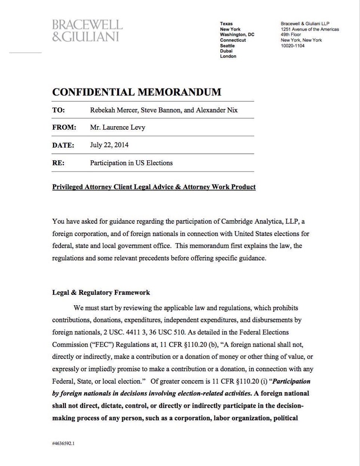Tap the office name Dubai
pyautogui.click(x=227, y=51)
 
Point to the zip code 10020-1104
pyautogui.click(x=292, y=45)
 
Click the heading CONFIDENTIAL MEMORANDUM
pyautogui.click(x=137, y=92)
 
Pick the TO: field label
pyautogui.click(x=59, y=110)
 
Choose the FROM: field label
pyautogui.click(x=63, y=127)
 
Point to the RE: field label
pyautogui.click(x=58, y=163)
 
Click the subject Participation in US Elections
pyautogui.click(x=131, y=163)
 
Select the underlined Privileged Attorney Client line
pyautogui.click(x=154, y=187)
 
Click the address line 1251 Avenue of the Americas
pyautogui.click(x=310, y=29)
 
